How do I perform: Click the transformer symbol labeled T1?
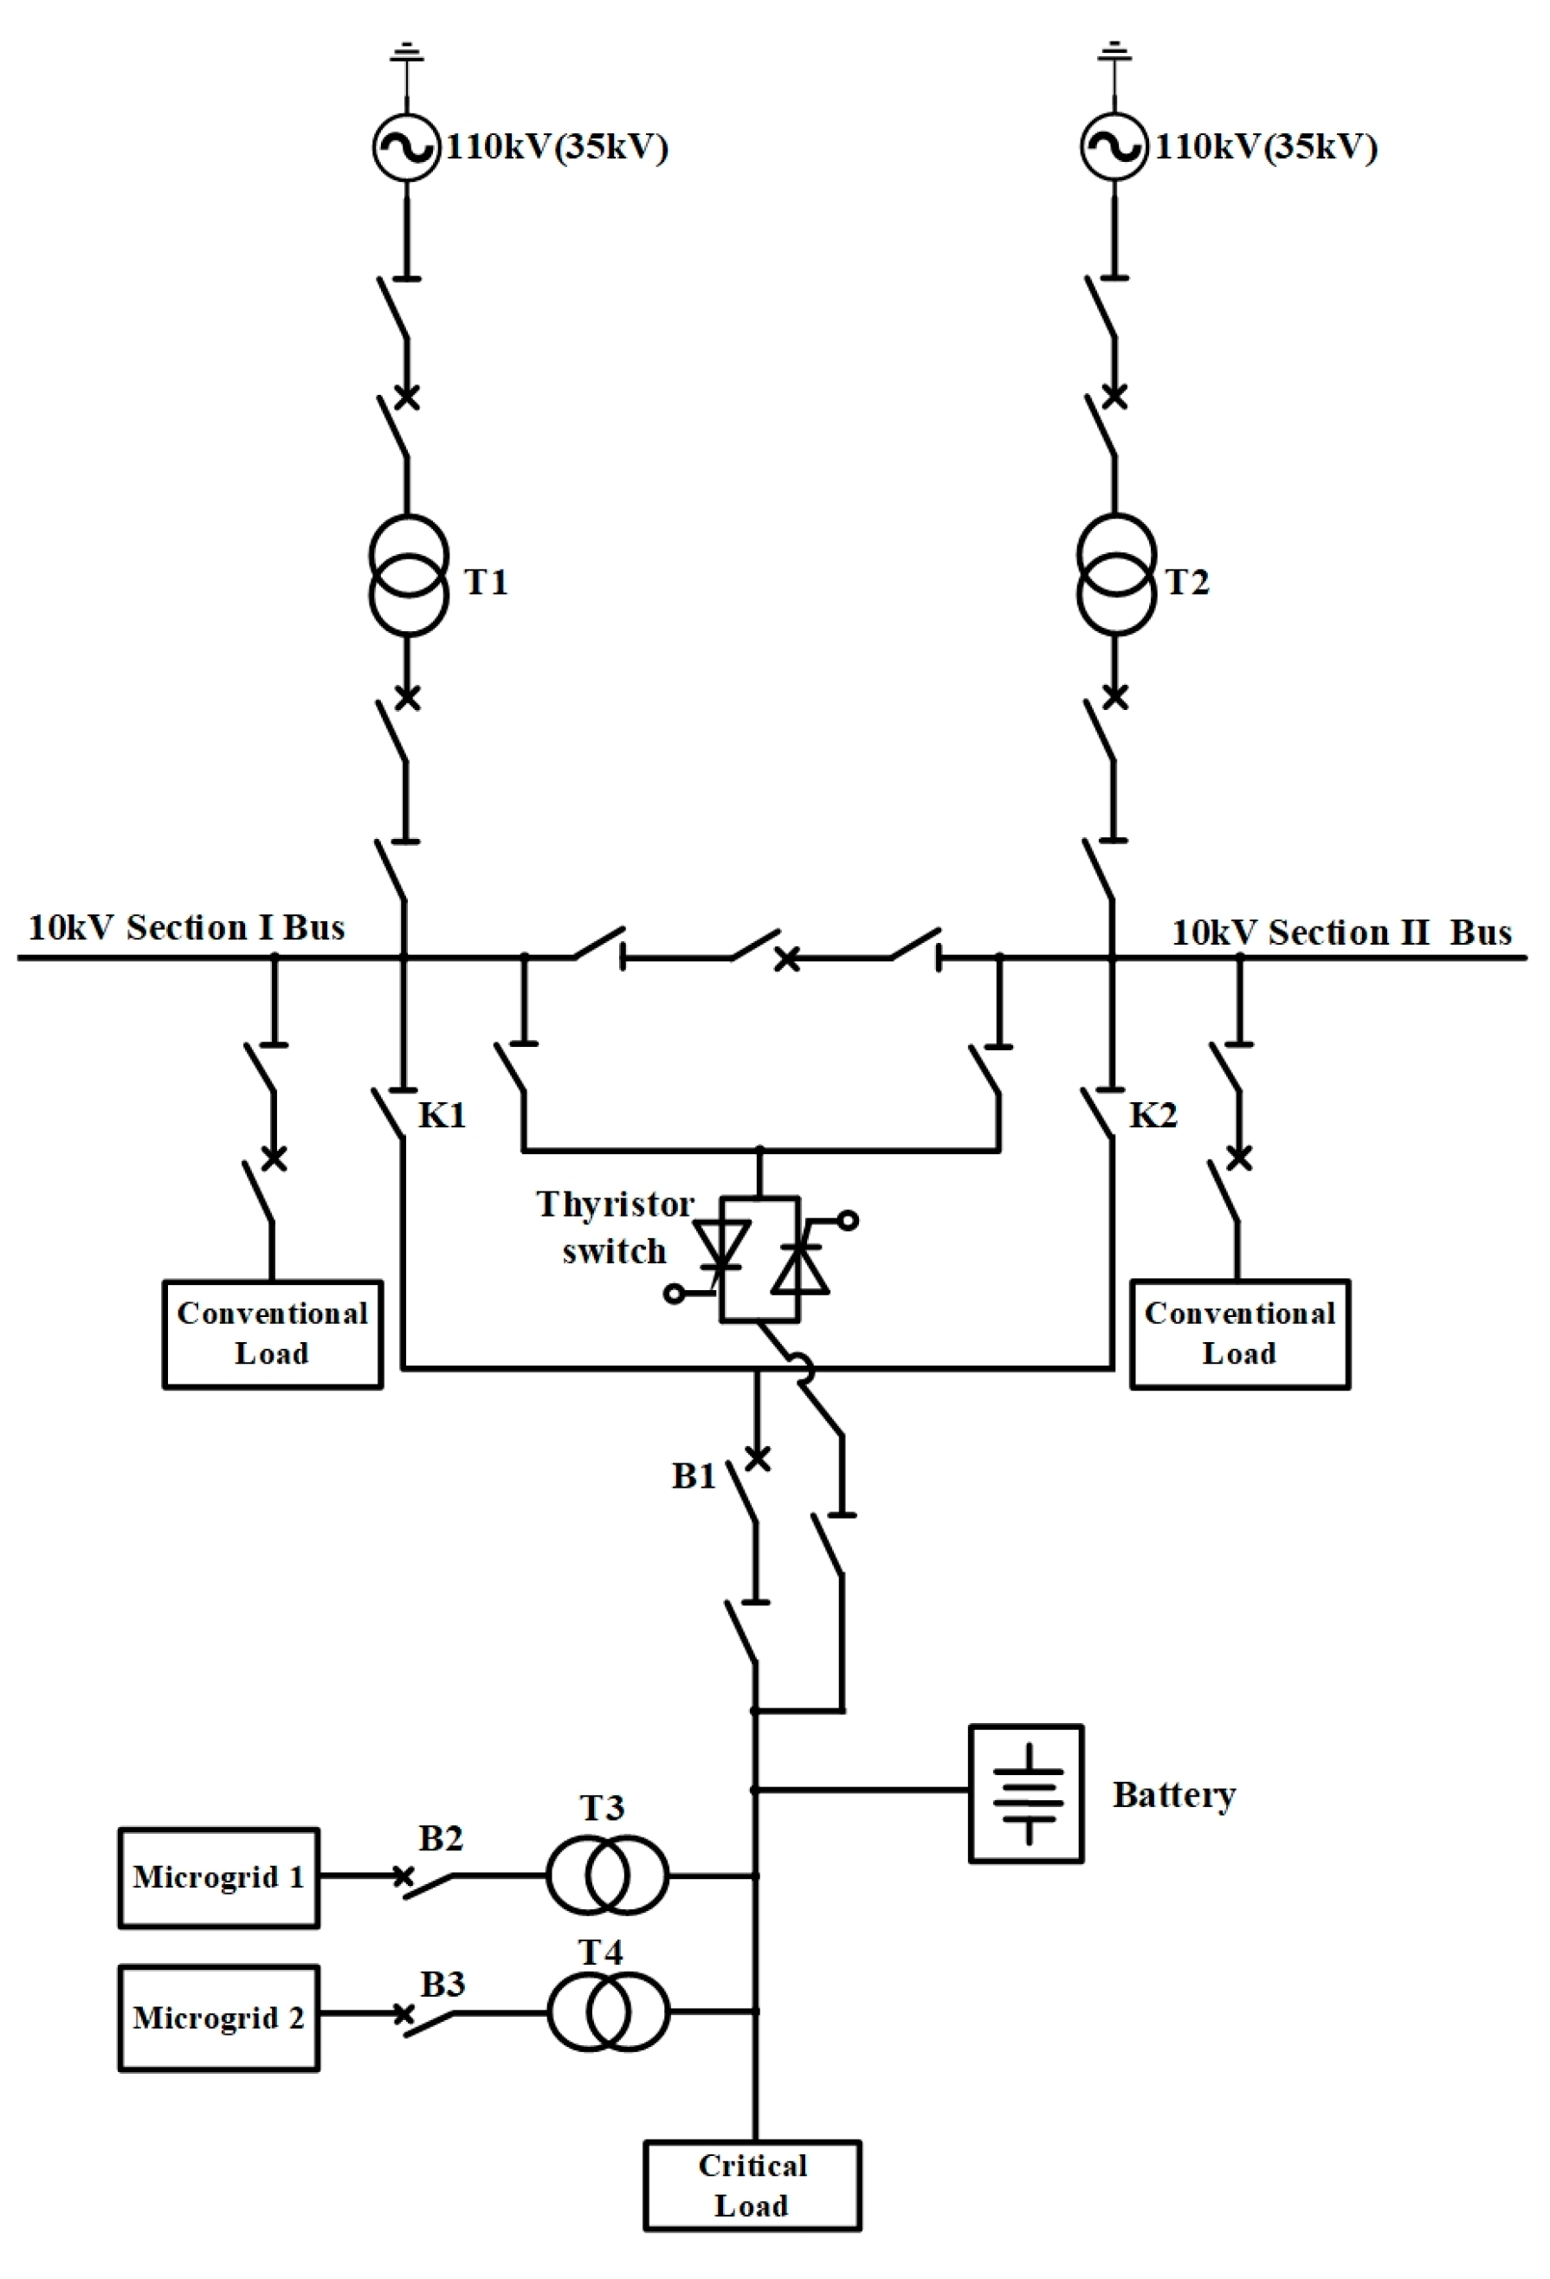point(409,576)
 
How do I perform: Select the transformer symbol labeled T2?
point(1114,576)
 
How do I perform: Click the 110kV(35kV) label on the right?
point(1266,147)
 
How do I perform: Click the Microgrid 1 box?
point(218,1877)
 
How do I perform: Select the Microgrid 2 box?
point(218,2018)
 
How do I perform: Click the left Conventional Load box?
point(272,1333)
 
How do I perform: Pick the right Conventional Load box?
point(1239,1333)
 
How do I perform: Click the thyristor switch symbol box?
point(759,1259)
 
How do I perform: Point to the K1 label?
point(442,1115)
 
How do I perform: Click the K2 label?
point(1152,1115)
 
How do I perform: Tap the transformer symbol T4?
point(608,2012)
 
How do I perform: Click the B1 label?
point(693,1475)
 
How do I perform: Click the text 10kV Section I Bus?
point(186,927)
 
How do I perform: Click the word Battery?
point(1173,1795)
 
